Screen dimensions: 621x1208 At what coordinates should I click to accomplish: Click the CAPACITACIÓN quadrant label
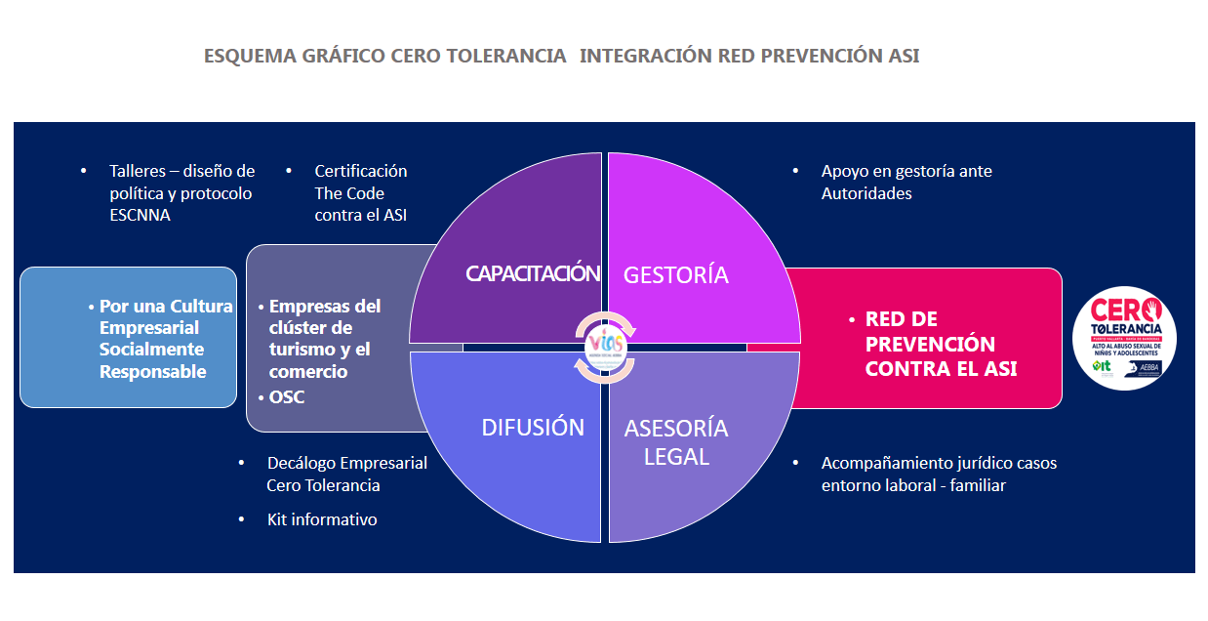532,273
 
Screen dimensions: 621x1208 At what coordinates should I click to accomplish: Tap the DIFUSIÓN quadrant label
533,428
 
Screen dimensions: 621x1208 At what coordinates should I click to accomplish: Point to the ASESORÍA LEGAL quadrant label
675,441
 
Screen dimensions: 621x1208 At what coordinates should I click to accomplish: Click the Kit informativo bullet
321,519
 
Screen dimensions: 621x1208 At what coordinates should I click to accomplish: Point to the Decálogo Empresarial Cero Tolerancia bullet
346,474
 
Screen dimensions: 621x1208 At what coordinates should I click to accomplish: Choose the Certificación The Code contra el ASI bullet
360,192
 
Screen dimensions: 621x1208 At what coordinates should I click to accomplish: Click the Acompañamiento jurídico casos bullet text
938,474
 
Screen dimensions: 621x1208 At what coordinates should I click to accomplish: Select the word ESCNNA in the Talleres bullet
140,215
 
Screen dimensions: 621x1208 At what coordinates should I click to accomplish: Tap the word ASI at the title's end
904,56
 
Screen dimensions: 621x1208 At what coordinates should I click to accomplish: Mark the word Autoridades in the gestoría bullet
866,193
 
